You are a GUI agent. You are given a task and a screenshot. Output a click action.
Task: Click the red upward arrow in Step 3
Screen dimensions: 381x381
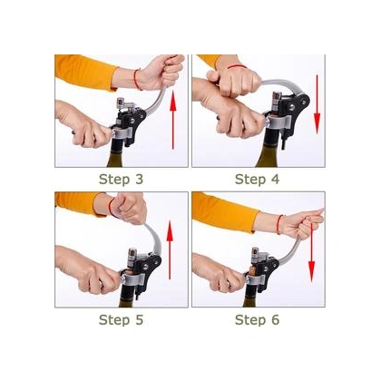click(172, 121)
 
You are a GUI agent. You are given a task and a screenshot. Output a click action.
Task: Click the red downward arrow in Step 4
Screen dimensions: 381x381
click(317, 104)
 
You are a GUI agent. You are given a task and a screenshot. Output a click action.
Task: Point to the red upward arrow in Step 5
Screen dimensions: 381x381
click(170, 250)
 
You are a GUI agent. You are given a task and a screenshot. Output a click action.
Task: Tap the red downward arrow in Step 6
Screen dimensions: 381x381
click(311, 253)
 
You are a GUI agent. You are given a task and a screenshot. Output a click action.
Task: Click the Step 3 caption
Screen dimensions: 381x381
click(121, 180)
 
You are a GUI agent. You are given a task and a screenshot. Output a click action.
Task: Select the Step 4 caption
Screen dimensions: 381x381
click(258, 180)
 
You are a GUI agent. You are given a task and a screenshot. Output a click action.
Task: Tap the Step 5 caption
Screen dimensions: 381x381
click(121, 319)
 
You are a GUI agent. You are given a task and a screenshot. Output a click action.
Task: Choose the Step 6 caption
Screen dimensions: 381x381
click(258, 319)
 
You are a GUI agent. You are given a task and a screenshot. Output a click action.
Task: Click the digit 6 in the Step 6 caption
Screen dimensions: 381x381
click(275, 319)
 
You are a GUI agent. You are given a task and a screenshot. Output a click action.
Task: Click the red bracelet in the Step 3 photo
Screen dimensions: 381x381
click(137, 79)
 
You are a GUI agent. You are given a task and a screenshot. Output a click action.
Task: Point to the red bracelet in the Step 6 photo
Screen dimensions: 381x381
click(279, 224)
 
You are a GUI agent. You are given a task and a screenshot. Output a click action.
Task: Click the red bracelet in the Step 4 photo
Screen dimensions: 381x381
click(237, 66)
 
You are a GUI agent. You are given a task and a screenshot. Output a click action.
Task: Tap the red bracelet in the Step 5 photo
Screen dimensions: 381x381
click(112, 208)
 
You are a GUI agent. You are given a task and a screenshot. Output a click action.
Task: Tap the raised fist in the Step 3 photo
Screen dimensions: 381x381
click(161, 72)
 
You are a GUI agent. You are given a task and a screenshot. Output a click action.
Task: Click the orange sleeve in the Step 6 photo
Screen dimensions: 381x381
click(225, 211)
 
